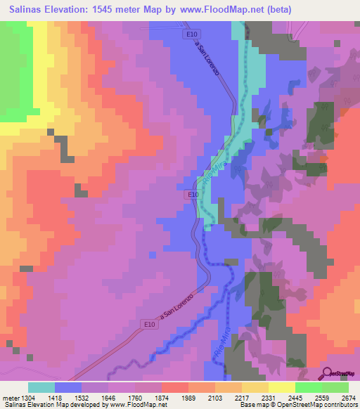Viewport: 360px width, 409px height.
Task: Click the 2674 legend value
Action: click(349, 398)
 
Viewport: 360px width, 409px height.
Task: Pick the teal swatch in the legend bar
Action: click(41, 388)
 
